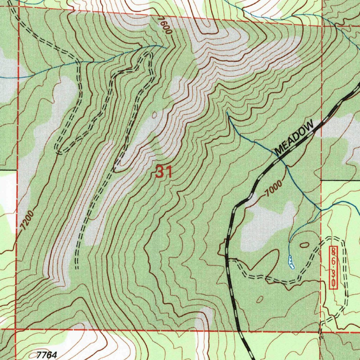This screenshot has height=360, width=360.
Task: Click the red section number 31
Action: point(163,172)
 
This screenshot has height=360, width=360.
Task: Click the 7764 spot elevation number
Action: point(47,355)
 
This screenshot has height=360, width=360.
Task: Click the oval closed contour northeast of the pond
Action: point(304,244)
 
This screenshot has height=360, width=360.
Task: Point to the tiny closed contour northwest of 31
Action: point(154,114)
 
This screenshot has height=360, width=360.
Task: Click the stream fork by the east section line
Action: point(320,210)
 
